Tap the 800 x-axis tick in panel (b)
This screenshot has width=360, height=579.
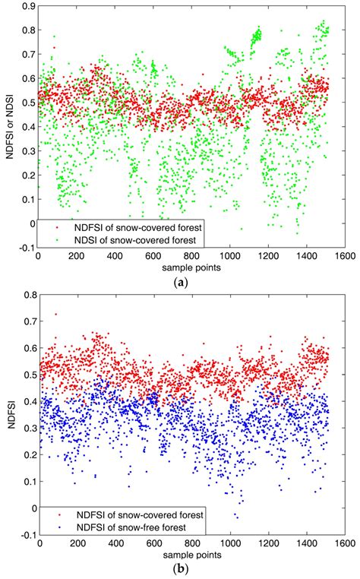point(191,542)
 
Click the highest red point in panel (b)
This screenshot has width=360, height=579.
point(55,314)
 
